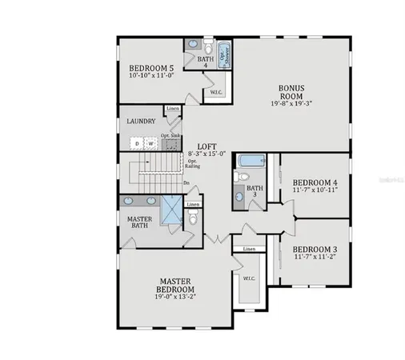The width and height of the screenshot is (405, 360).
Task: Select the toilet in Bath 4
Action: [x=207, y=46]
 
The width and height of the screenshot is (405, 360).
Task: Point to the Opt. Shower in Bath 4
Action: [x=225, y=53]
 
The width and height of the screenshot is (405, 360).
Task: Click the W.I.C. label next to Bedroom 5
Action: [x=216, y=92]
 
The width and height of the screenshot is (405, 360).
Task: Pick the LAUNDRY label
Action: [x=141, y=122]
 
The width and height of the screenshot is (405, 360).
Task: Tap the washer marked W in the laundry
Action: [x=150, y=144]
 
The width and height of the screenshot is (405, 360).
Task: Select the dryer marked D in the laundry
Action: [x=137, y=144]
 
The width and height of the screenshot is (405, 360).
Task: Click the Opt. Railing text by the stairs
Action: [x=193, y=164]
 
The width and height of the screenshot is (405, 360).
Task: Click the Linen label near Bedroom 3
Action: [x=249, y=250]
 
